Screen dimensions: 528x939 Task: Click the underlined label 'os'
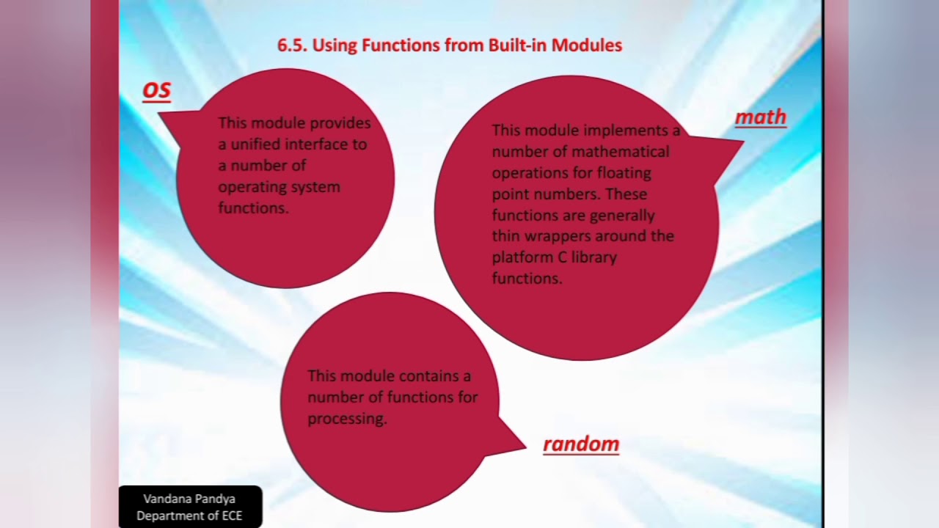(156, 90)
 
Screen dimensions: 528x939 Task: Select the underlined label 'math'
(761, 117)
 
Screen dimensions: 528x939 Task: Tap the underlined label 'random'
(581, 444)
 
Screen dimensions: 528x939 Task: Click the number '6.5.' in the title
(292, 45)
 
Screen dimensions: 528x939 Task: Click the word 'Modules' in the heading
(587, 45)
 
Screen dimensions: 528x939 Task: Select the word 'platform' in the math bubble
(520, 258)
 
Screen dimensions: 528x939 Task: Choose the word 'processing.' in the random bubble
(347, 419)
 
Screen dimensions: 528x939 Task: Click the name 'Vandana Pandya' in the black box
(189, 499)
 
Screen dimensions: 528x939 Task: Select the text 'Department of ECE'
(189, 516)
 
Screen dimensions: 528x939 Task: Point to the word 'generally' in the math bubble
(618, 216)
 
